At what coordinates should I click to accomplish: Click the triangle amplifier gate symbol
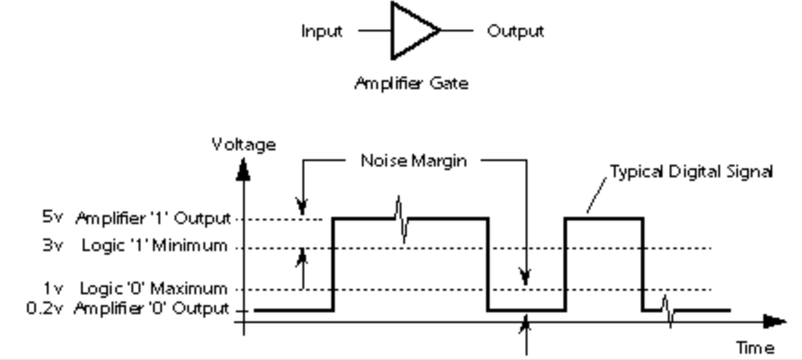[x=413, y=31]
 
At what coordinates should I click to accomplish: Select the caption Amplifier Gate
[x=410, y=85]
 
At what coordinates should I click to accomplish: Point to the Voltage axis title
[x=243, y=144]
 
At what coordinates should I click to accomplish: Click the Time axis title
[x=755, y=347]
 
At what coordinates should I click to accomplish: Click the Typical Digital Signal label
[x=690, y=172]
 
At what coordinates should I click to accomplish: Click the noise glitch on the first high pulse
[x=402, y=219]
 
